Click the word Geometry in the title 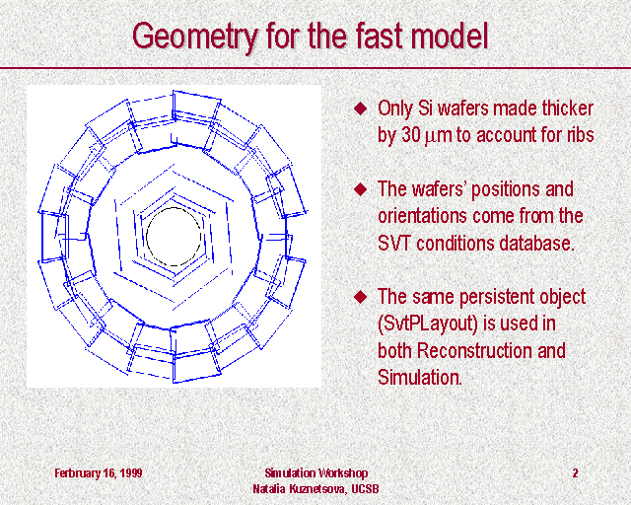coord(195,37)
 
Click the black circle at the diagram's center coord(174,208)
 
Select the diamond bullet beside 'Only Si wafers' coord(360,108)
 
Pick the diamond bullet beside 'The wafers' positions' coord(360,188)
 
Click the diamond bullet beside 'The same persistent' coord(360,297)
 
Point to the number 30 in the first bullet coord(410,135)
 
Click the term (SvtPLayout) coord(427,325)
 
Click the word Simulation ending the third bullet coord(420,378)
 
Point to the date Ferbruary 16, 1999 coord(99,472)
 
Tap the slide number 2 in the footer coord(575,472)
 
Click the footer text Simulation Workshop coord(315,472)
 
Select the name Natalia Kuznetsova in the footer coord(299,489)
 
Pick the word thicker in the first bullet coord(568,108)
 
